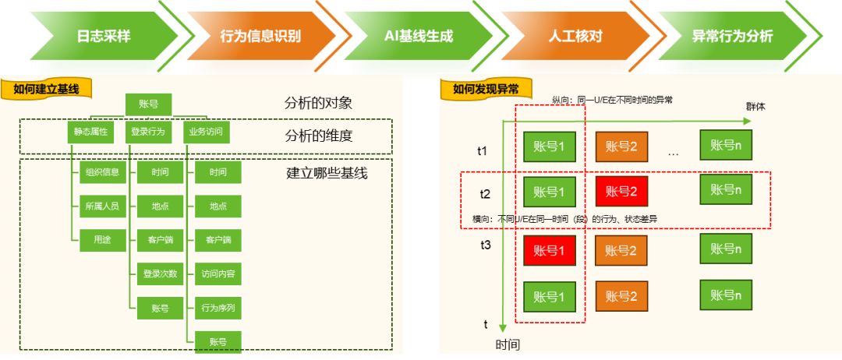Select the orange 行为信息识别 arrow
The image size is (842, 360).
coord(261,36)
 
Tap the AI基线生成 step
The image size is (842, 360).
coord(419,36)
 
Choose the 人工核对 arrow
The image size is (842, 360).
coord(575,36)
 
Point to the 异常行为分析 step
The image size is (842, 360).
coord(733,36)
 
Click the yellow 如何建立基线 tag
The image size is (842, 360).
coord(46,89)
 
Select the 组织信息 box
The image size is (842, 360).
coord(103,173)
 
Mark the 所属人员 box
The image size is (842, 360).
coord(103,206)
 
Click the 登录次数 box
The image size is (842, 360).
coord(160,274)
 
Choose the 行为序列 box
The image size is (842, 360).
coord(218,308)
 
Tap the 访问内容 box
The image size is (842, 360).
coord(218,274)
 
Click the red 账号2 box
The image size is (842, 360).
coord(621,191)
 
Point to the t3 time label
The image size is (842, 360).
coord(485,245)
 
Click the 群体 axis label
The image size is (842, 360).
coord(755,106)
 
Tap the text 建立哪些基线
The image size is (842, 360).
coord(327,173)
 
